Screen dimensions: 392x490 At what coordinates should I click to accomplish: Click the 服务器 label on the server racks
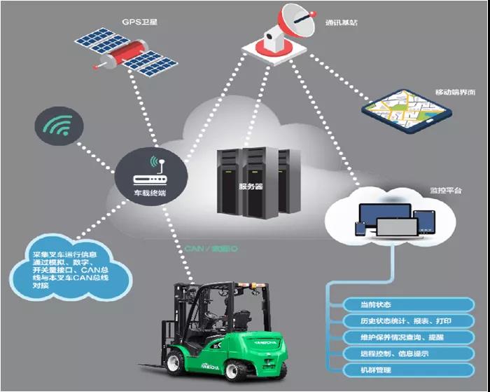point(250,187)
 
